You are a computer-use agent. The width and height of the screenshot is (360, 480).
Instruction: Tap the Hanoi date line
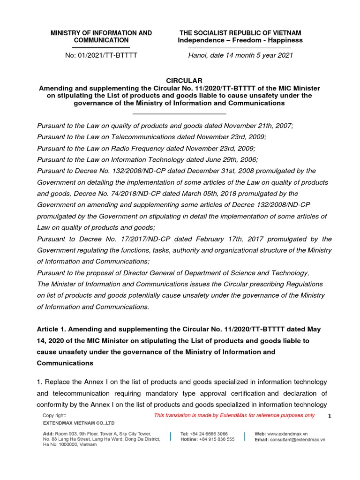[240, 55]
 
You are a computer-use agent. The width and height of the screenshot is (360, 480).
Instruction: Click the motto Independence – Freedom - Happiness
[240, 40]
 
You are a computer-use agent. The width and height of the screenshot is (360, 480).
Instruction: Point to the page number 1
[330, 416]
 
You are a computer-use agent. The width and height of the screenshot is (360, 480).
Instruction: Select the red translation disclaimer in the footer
[234, 415]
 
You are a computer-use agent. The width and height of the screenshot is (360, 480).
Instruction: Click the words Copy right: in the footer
[54, 415]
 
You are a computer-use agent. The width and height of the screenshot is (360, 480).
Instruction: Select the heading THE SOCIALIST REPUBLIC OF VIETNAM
[240, 33]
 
